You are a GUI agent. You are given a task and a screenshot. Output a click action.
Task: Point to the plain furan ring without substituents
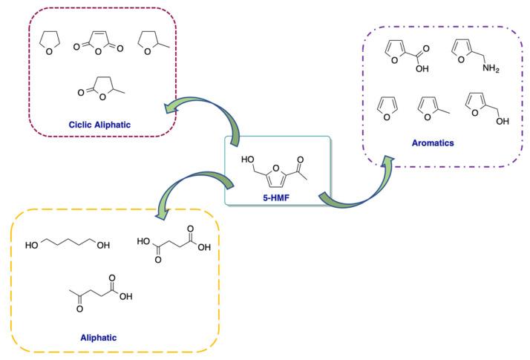(x=385, y=105)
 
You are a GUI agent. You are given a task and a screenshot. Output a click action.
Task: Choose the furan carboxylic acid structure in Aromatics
(x=405, y=56)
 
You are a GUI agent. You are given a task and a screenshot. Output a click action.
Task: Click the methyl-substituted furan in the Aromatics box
(x=430, y=108)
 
